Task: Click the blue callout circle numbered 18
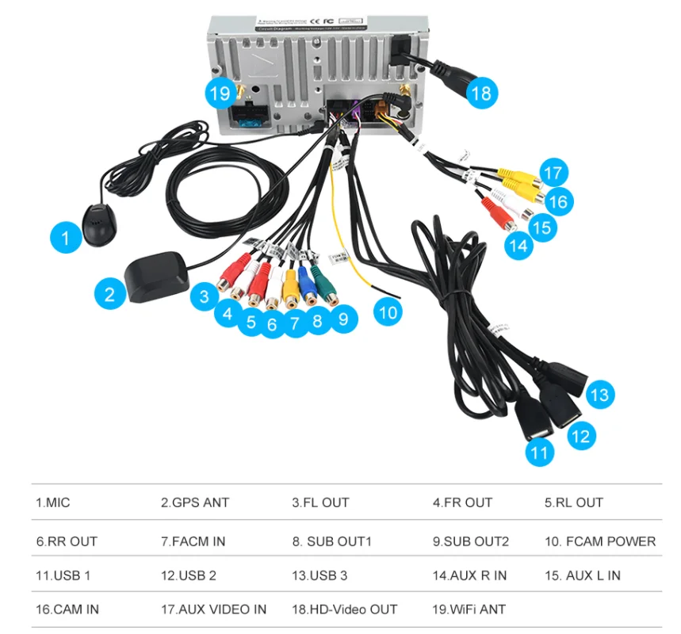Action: (x=480, y=93)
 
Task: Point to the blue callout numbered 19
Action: (x=220, y=93)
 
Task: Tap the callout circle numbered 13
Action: (x=600, y=394)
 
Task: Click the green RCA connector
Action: (x=324, y=288)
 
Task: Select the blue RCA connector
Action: (x=308, y=287)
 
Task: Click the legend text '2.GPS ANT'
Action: (x=195, y=502)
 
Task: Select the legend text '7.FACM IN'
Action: (x=193, y=541)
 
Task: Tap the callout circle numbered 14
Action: (x=518, y=246)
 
